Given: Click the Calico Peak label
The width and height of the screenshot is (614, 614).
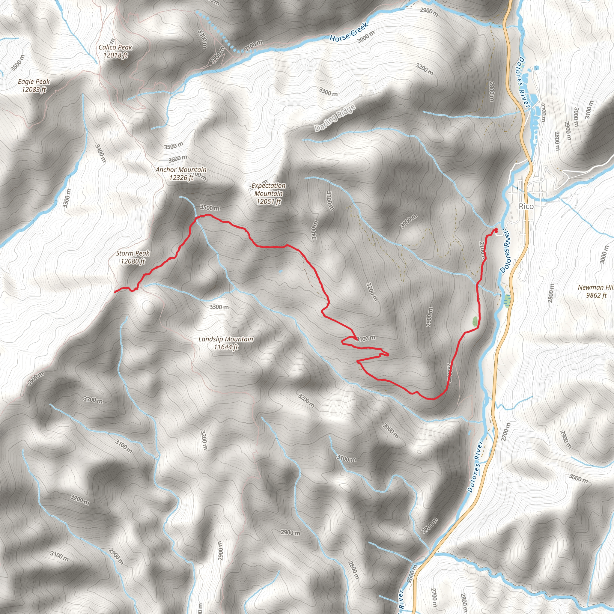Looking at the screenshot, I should [115, 47].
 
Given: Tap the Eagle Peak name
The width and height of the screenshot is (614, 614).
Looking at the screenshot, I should [34, 82].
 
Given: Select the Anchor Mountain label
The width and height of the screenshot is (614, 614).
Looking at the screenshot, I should [181, 170].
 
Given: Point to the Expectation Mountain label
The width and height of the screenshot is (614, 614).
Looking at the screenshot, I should [269, 189].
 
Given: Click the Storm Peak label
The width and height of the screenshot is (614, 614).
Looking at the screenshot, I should [133, 253].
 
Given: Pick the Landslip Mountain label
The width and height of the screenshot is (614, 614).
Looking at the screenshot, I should [226, 339].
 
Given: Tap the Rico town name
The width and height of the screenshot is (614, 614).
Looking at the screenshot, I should [526, 206].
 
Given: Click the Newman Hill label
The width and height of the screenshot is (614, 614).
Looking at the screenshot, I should [595, 287].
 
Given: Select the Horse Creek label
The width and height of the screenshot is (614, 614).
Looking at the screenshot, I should [349, 32].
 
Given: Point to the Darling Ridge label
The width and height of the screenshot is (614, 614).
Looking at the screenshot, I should [335, 118].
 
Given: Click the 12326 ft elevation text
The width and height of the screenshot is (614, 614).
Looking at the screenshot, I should [181, 178].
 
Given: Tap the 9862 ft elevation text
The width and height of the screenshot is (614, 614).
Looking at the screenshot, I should [596, 295].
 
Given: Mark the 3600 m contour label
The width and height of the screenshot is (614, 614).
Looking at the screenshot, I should [178, 158].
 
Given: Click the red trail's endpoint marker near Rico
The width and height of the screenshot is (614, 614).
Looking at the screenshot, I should [496, 229].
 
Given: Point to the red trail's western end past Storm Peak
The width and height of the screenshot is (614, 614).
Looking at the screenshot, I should [115, 291].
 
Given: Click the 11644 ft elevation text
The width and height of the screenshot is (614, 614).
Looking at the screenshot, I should [226, 347].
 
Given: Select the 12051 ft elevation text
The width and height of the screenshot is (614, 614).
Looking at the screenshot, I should [269, 201].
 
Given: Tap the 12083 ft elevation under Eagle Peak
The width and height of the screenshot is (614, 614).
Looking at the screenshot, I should [34, 90].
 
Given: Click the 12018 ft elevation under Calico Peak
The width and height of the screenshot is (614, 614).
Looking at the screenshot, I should [115, 55].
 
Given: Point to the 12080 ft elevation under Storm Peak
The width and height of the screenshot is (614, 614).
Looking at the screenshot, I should [133, 261].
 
